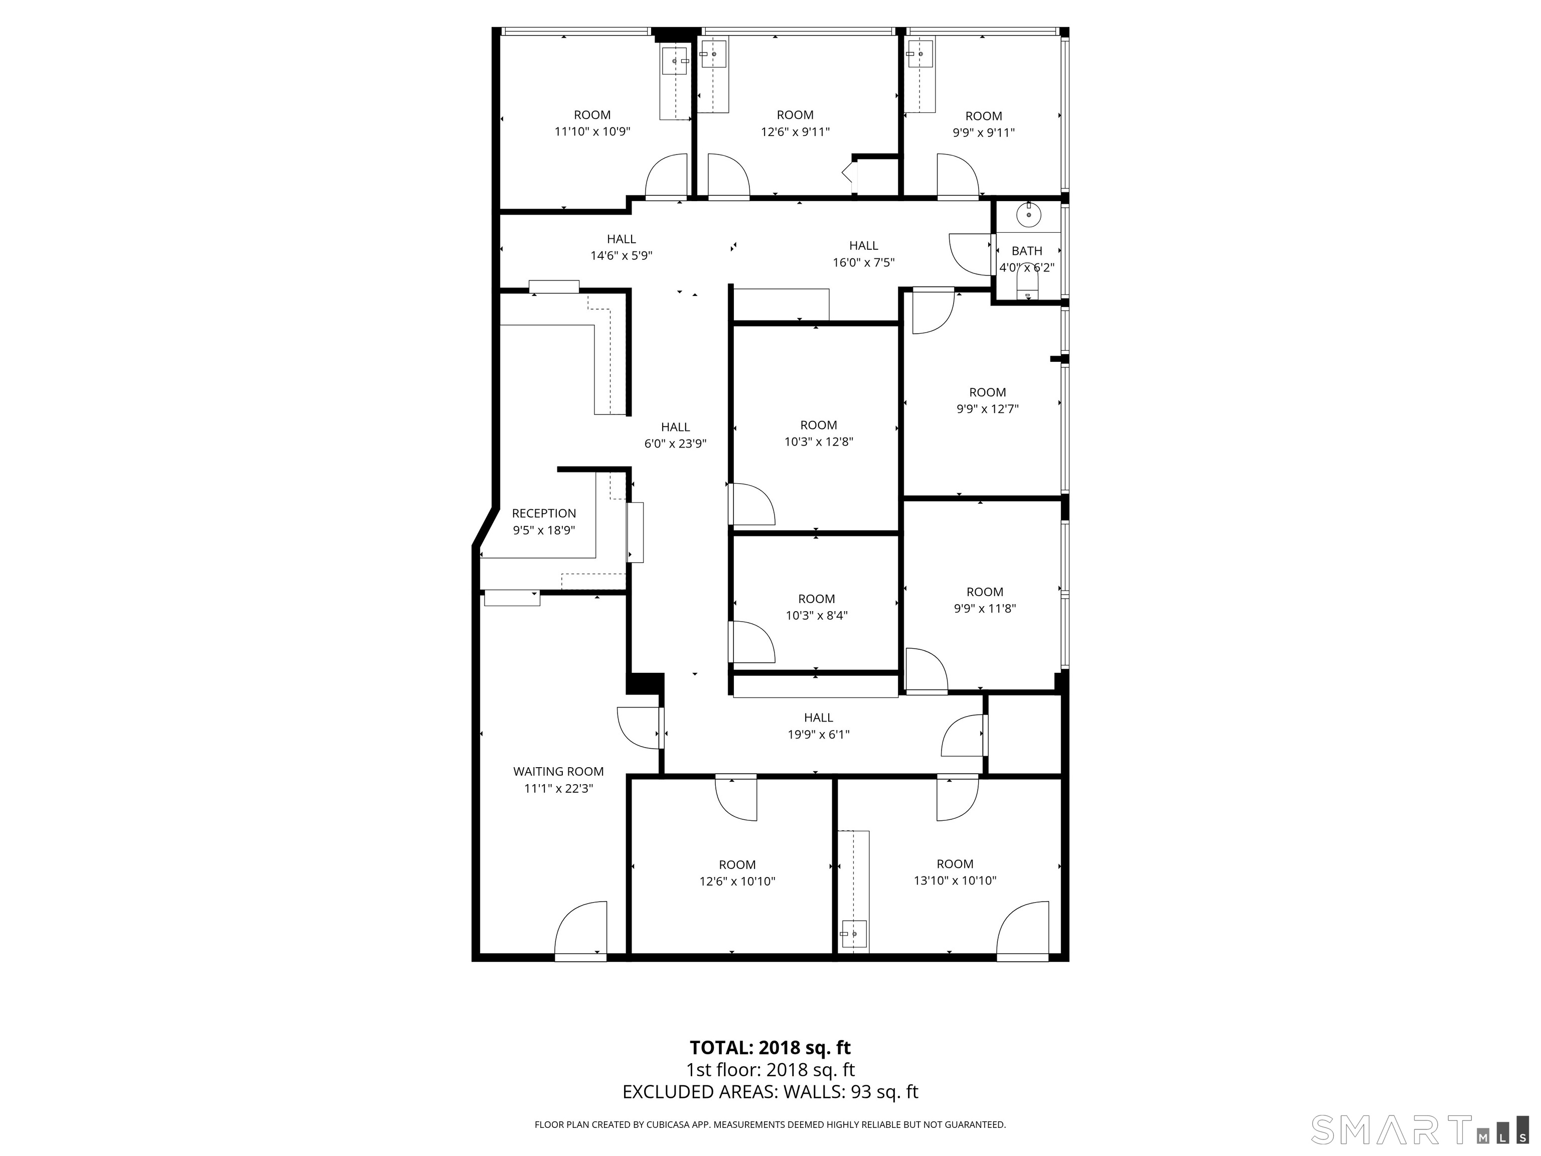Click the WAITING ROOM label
coord(558,771)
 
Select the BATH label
coord(1027,251)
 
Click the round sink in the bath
coord(1028,215)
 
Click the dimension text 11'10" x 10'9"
coord(591,131)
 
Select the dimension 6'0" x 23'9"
coord(675,443)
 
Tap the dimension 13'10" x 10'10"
coord(955,881)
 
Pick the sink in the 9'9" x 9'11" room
coord(920,54)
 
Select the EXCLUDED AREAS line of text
coord(770,1092)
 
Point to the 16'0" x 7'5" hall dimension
coord(863,263)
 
